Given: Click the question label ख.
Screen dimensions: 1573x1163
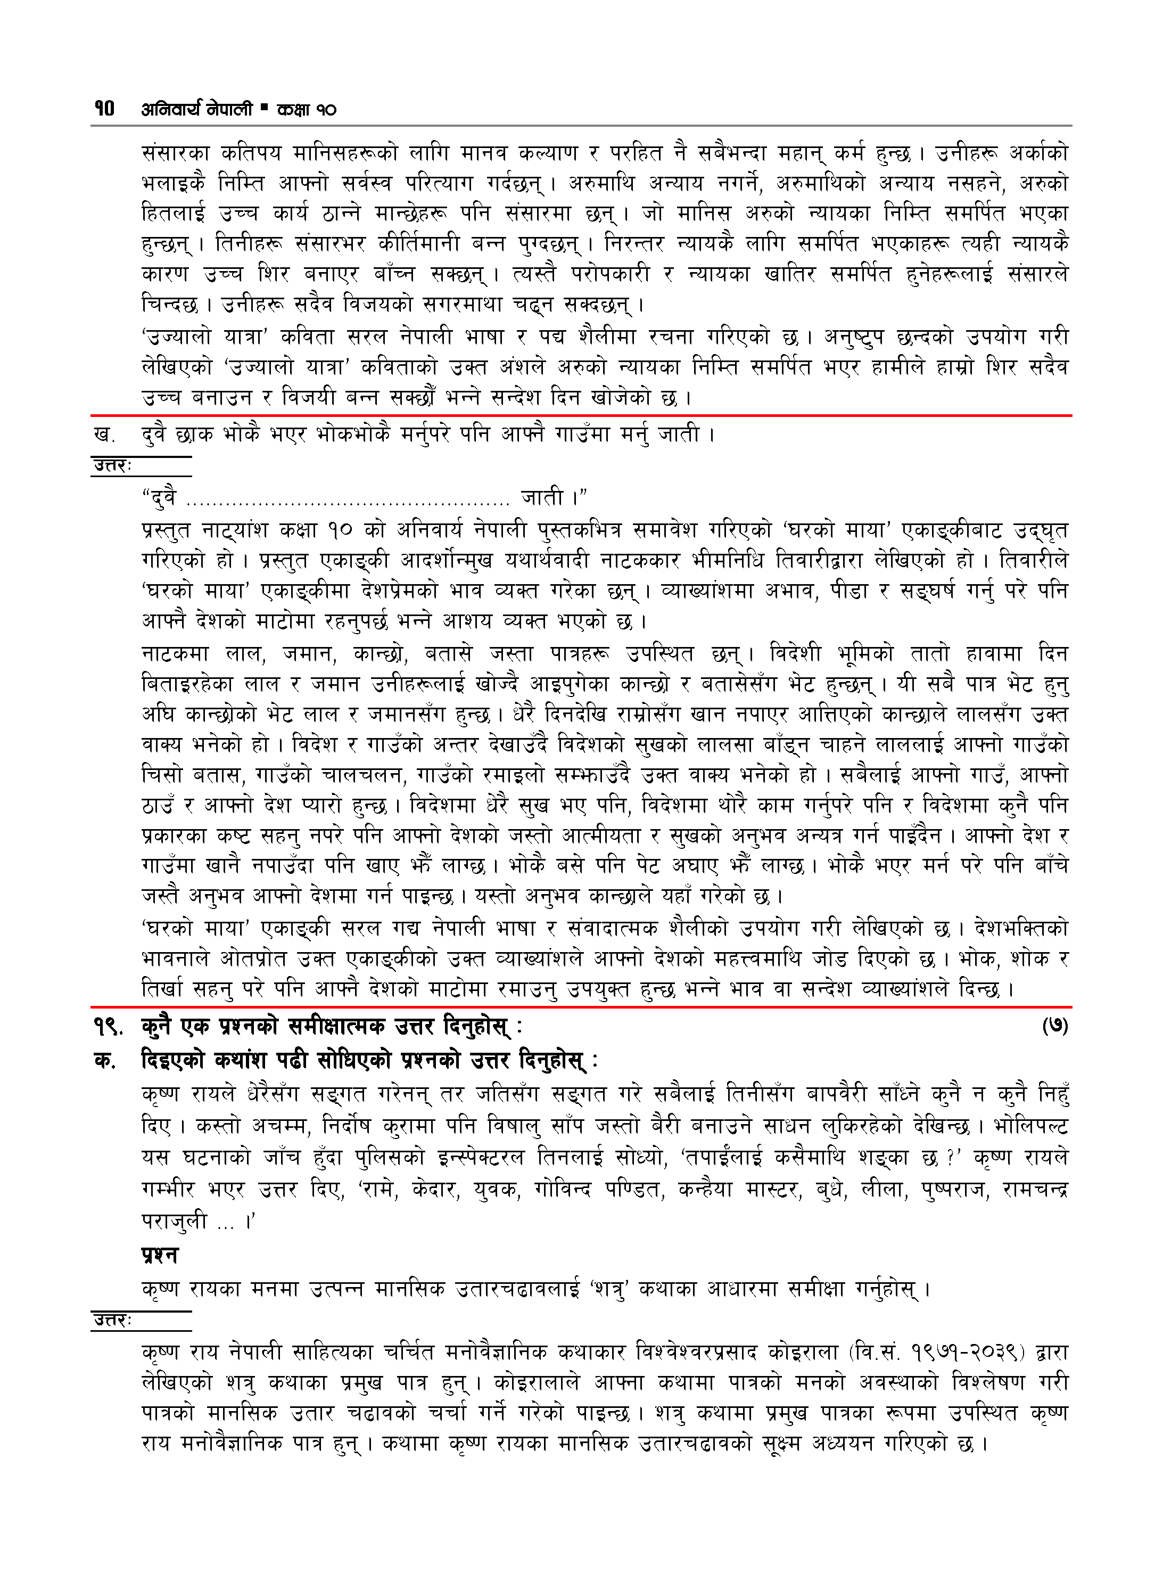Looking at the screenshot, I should coord(105,435).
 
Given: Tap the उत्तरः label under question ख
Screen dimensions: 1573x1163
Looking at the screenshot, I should coord(113,465).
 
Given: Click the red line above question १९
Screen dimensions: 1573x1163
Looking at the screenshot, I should coord(581,1007).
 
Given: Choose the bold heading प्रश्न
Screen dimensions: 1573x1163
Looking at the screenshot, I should coord(160,1254).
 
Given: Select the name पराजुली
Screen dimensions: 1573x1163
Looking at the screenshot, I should coord(174,1220).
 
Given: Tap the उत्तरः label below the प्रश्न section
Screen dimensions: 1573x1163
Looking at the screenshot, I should coord(113,1320).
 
